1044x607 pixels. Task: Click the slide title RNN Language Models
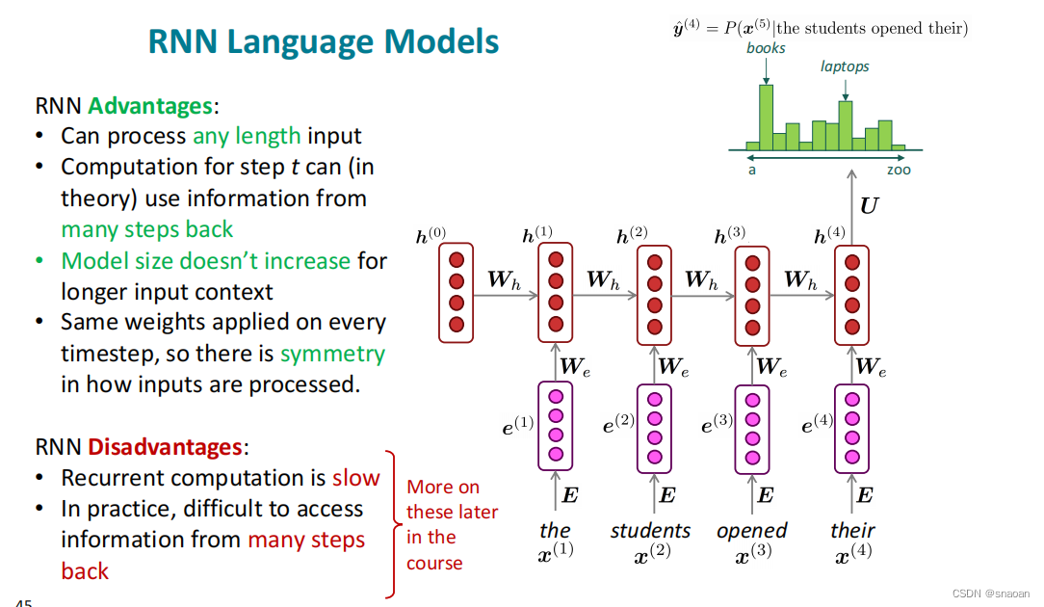point(324,42)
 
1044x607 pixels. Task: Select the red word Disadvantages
point(165,447)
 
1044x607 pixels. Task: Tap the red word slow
point(356,478)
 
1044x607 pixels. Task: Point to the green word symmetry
point(332,354)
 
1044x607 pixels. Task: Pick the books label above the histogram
point(766,48)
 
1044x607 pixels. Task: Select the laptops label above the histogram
point(845,66)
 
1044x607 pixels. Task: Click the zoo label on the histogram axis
point(899,170)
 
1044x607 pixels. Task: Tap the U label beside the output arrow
point(869,205)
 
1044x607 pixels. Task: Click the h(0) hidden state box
point(457,292)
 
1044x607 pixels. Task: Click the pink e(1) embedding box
point(555,427)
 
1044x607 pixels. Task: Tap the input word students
point(650,531)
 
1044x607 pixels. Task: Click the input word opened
point(751,531)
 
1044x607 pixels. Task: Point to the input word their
point(852,531)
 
